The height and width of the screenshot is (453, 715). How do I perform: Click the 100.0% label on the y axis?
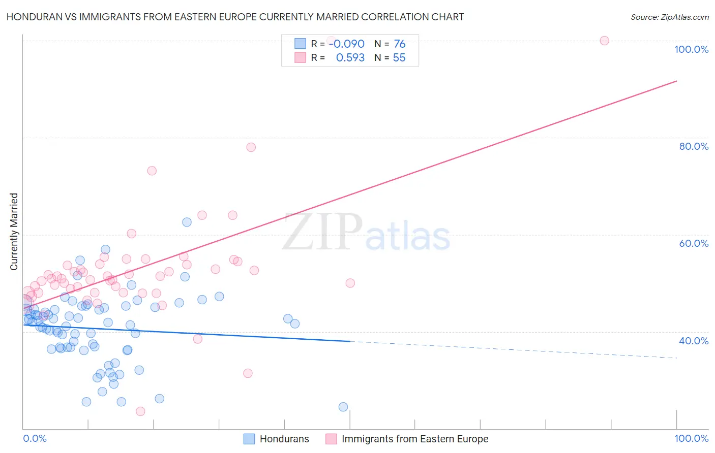691,49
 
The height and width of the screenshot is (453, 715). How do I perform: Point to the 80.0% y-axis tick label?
694,146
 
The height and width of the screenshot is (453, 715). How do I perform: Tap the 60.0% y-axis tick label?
694,243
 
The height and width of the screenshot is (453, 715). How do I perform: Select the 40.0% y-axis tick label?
694,341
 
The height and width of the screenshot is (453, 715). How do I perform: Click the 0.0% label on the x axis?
35,438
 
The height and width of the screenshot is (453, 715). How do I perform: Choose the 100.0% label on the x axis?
691,438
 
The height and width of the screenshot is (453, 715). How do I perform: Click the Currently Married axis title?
14,232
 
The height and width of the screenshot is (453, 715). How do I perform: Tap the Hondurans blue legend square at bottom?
249,439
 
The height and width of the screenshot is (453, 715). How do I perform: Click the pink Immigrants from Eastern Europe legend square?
331,439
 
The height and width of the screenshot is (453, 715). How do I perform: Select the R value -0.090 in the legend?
346,44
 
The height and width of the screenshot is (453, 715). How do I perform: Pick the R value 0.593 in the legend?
350,58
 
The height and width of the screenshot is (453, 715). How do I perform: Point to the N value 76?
399,44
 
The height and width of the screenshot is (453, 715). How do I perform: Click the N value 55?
399,58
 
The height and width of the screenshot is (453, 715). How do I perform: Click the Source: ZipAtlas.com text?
669,17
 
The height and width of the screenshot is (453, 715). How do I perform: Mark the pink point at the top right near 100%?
604,41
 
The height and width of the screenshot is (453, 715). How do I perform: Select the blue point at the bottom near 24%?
343,407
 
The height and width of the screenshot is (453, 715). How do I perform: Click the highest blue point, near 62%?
187,222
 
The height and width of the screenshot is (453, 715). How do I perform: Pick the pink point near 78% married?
251,147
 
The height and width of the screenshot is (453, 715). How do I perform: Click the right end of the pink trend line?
676,81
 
